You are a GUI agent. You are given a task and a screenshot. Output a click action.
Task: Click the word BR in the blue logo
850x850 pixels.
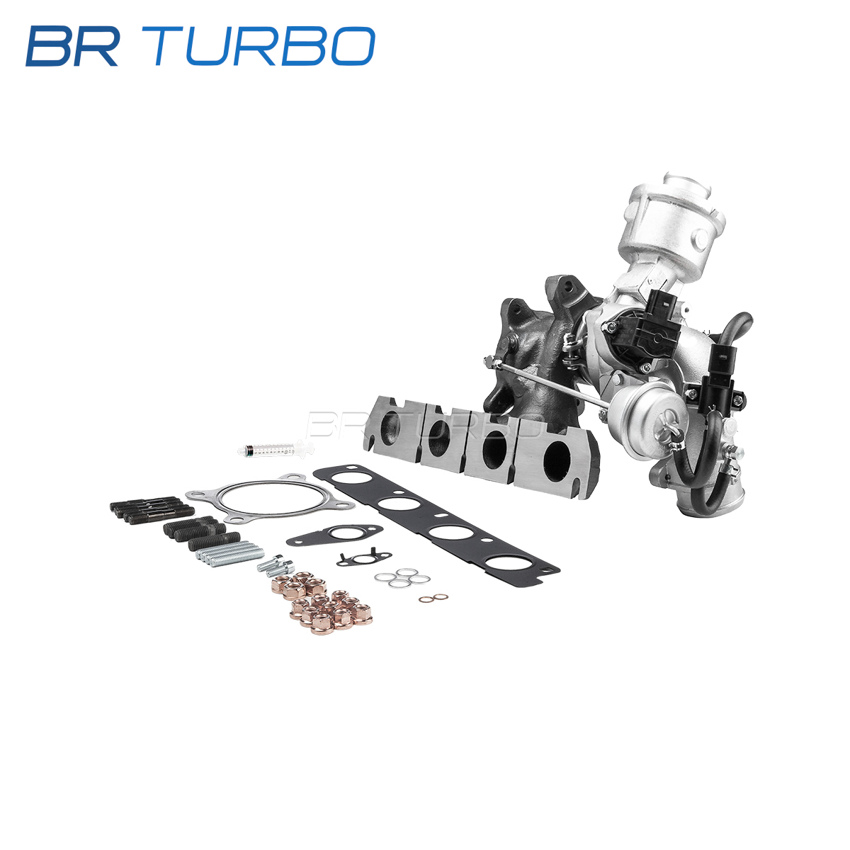[x=72, y=47]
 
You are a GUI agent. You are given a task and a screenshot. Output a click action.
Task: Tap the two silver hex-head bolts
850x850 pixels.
[x=276, y=565]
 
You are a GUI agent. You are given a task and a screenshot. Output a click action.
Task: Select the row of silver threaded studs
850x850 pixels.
[x=229, y=553]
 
